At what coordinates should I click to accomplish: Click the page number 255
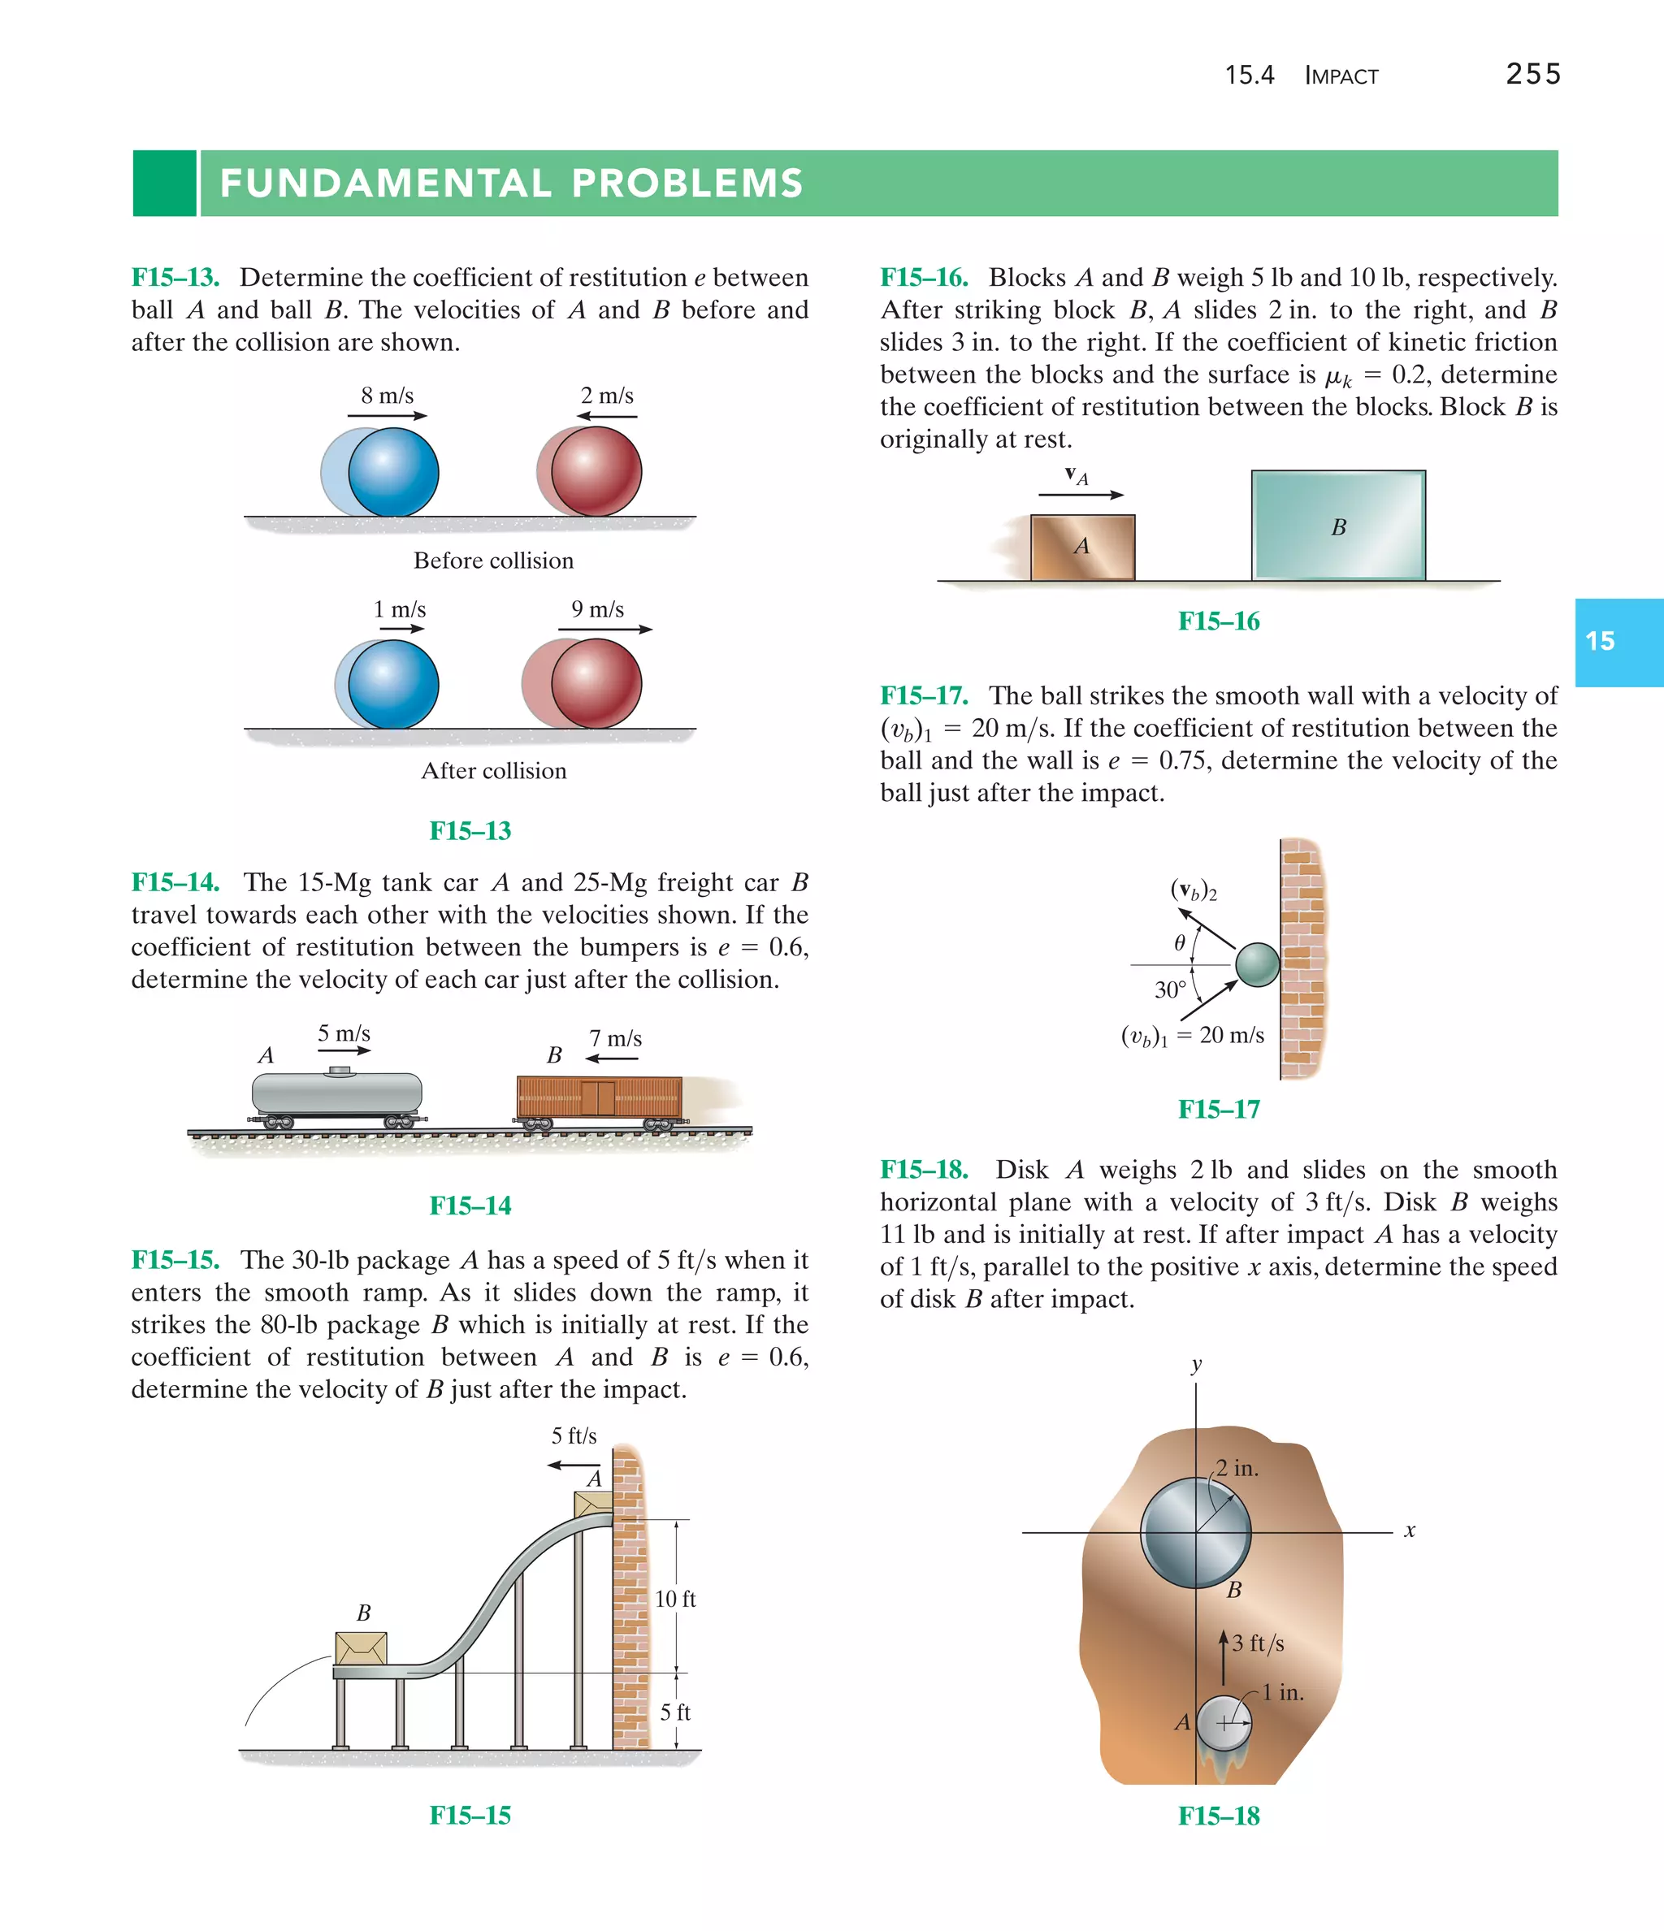[1532, 75]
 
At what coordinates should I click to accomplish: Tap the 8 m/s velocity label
[387, 396]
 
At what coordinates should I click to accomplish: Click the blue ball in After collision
[392, 684]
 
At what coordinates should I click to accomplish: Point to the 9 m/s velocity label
[597, 609]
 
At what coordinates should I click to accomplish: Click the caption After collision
[493, 771]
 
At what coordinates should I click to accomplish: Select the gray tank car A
[336, 1093]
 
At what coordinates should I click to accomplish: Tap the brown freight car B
[599, 1096]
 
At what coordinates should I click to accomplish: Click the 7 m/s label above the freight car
[615, 1038]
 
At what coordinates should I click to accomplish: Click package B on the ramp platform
[361, 1647]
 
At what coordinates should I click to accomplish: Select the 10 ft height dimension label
[675, 1600]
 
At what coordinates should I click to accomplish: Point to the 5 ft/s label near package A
[574, 1436]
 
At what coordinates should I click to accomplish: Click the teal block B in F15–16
[1337, 526]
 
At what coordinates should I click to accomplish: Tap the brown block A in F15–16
[1082, 547]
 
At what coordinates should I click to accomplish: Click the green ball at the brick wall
[1258, 964]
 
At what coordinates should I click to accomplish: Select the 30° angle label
[1170, 989]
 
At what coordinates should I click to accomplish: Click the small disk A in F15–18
[1223, 1723]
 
